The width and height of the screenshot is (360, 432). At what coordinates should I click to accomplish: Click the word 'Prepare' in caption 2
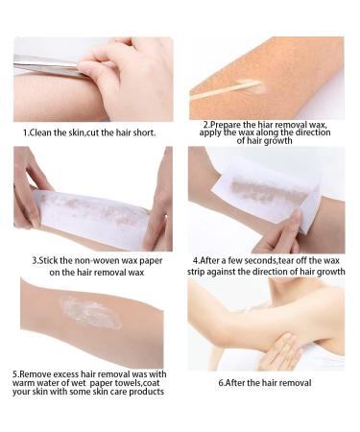(x=224, y=125)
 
